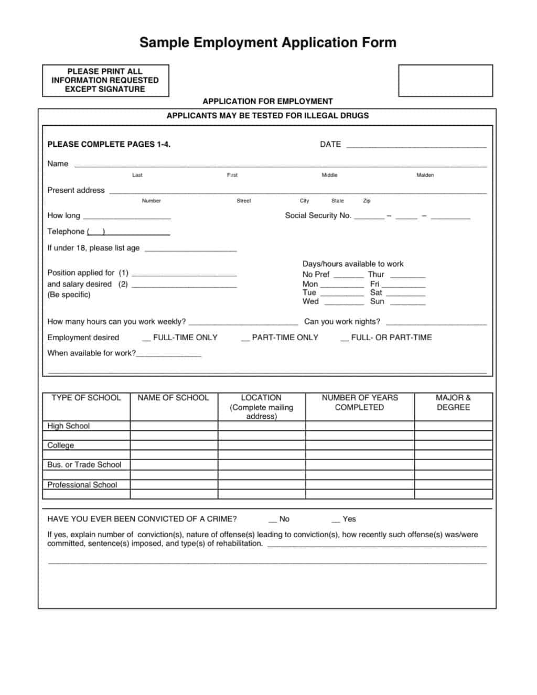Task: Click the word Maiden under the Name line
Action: (x=425, y=175)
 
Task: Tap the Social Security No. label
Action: (x=318, y=215)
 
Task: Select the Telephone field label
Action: (x=66, y=232)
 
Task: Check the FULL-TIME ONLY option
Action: (x=146, y=338)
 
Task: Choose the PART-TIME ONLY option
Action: (x=245, y=338)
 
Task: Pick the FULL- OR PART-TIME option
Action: (x=345, y=338)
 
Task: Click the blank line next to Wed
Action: (x=343, y=303)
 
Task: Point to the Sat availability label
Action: (x=376, y=292)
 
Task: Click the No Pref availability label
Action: (x=316, y=274)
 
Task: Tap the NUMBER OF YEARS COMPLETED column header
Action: (x=360, y=403)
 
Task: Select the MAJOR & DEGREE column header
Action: (x=453, y=403)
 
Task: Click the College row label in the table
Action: (x=61, y=446)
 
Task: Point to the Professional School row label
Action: (x=82, y=485)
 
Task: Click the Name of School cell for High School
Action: (x=174, y=426)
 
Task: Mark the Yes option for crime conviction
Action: (x=336, y=519)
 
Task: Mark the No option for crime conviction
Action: (x=273, y=519)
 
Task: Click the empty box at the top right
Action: (x=445, y=81)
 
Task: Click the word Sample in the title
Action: (x=164, y=42)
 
